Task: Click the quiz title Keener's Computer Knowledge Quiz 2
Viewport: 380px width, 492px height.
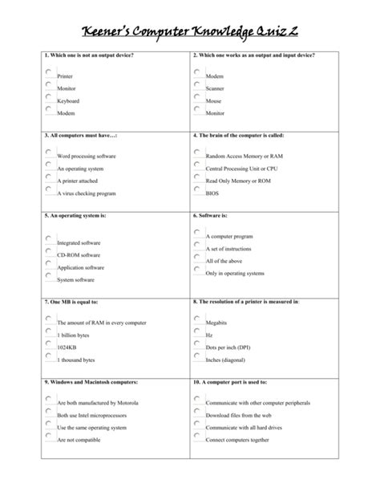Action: point(190,30)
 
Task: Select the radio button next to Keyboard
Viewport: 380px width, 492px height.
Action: point(48,98)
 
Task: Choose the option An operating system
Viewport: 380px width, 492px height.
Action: point(48,165)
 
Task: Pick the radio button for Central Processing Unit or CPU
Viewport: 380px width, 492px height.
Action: point(196,165)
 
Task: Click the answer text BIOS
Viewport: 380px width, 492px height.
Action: point(212,193)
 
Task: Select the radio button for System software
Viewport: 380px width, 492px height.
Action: point(48,276)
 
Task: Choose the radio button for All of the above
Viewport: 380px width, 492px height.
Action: point(196,258)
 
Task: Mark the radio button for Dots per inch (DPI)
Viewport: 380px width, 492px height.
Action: point(196,343)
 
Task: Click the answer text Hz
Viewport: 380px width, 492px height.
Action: point(209,334)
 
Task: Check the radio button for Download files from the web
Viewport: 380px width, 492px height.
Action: point(196,410)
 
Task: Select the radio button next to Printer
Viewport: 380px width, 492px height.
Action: point(48,72)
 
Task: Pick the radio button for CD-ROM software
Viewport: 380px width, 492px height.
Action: point(48,251)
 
